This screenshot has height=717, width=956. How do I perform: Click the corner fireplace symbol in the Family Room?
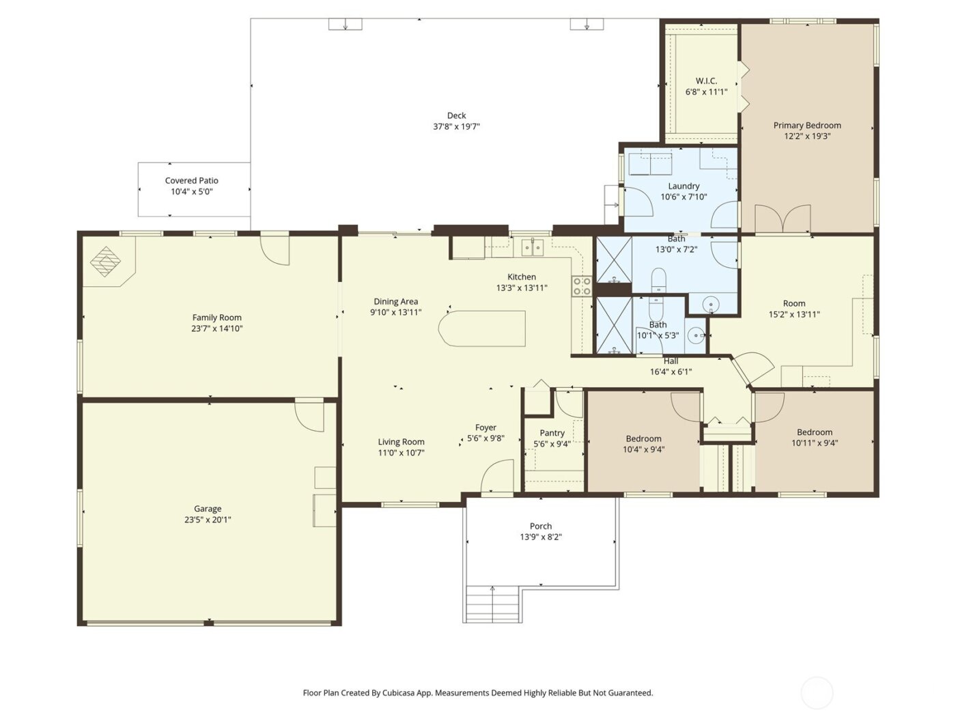[106, 262]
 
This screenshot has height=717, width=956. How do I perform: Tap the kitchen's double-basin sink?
[532, 247]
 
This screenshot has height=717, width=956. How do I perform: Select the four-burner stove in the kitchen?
[581, 286]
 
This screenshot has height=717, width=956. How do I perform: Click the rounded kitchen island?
[482, 328]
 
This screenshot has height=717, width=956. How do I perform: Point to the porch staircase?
[492, 604]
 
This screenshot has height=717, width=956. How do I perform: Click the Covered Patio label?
[192, 181]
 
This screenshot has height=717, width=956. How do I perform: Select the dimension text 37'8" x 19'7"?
[456, 126]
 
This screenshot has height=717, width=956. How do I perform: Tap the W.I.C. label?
[706, 81]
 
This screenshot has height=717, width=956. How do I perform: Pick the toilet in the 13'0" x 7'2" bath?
[658, 279]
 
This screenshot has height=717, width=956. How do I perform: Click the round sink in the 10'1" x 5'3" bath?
[696, 335]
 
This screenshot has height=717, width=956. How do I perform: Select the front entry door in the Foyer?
[498, 477]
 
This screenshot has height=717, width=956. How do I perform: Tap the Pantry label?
[552, 433]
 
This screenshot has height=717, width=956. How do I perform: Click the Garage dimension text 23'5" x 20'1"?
[207, 520]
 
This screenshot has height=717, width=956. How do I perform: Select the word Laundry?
[684, 186]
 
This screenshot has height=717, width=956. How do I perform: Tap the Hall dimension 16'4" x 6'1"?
[671, 372]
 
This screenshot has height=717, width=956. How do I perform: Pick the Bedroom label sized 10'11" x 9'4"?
[814, 432]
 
